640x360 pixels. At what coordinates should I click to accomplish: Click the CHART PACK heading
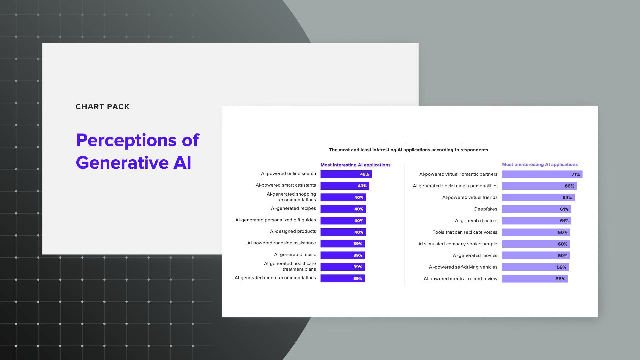point(102,107)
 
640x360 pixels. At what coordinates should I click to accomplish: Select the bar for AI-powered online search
point(346,174)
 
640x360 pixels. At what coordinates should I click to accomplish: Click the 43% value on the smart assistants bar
point(362,186)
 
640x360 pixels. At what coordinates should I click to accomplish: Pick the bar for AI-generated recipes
point(343,209)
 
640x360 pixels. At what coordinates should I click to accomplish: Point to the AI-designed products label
point(293,231)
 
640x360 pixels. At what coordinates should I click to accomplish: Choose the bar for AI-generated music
point(343,255)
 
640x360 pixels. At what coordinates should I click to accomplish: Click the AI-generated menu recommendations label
point(275,278)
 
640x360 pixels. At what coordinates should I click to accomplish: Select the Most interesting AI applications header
point(356,165)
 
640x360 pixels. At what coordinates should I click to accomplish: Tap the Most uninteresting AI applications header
point(540,165)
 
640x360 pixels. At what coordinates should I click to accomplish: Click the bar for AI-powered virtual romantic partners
point(542,174)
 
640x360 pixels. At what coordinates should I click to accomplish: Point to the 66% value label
point(569,186)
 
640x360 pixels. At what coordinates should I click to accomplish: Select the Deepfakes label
point(486,209)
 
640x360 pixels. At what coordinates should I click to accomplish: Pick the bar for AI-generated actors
point(537,221)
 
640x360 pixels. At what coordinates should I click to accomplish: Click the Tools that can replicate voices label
point(465,232)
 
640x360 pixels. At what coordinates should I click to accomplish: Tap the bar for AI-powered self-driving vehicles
point(535,267)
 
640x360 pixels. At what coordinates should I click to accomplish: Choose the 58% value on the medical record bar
point(560,279)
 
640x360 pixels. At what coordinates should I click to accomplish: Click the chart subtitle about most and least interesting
point(409,150)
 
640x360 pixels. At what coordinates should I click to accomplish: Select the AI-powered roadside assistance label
point(282,243)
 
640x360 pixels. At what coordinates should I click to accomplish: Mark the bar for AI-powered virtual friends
point(538,198)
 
